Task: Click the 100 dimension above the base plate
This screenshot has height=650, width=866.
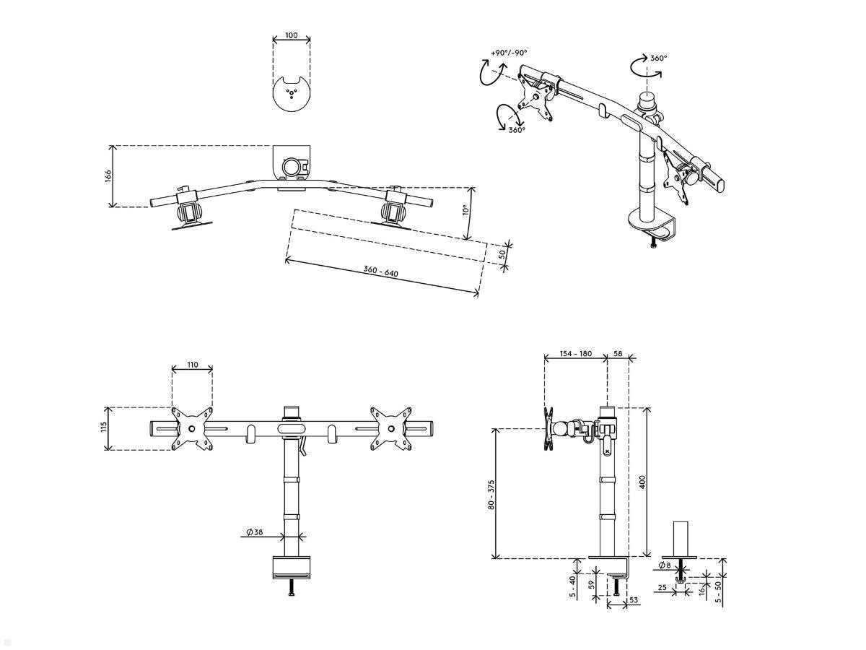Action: pyautogui.click(x=291, y=35)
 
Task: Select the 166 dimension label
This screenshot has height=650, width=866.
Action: pyautogui.click(x=108, y=176)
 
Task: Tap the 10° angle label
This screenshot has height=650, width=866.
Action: pyautogui.click(x=466, y=209)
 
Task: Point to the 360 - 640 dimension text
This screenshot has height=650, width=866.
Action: pyautogui.click(x=381, y=271)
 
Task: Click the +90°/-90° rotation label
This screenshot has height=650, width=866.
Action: pyautogui.click(x=509, y=53)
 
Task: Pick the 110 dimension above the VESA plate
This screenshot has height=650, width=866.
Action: pyautogui.click(x=192, y=365)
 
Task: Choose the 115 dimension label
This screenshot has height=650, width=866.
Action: pyautogui.click(x=104, y=427)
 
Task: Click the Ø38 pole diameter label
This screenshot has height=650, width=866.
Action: pyautogui.click(x=255, y=532)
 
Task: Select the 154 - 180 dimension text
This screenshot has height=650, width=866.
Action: pyautogui.click(x=576, y=354)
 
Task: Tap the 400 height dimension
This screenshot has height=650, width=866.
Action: pyautogui.click(x=642, y=482)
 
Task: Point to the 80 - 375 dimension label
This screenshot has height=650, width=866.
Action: pyautogui.click(x=491, y=495)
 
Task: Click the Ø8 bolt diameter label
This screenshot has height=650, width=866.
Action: pyautogui.click(x=665, y=565)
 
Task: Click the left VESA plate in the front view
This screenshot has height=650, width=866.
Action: pyautogui.click(x=192, y=428)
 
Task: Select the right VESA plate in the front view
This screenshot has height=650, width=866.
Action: pyautogui.click(x=391, y=428)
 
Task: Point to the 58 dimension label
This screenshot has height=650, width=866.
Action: pyautogui.click(x=618, y=354)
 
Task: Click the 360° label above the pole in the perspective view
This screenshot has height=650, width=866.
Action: pyautogui.click(x=658, y=58)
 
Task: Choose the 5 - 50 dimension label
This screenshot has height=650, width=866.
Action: pyautogui.click(x=719, y=592)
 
